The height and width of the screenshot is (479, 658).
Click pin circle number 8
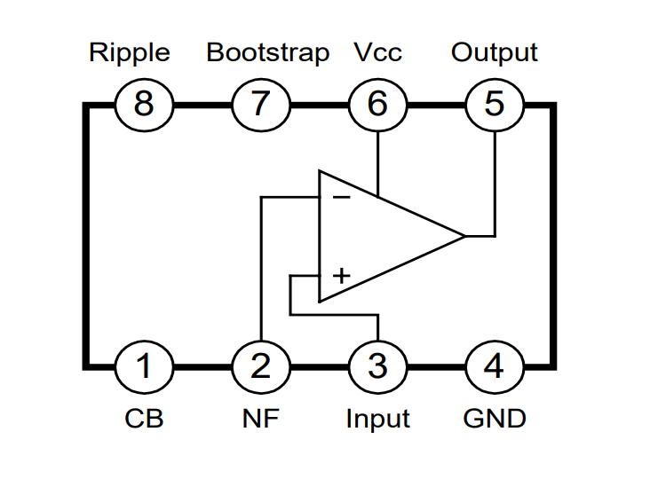click(144, 105)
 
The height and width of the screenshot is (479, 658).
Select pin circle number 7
click(260, 105)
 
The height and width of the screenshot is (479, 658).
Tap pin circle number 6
click(377, 105)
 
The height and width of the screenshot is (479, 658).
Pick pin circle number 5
click(495, 105)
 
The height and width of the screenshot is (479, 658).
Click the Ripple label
click(129, 53)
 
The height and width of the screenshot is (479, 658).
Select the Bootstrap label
click(267, 53)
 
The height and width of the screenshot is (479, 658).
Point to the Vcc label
click(377, 53)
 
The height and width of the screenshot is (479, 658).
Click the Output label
click(495, 53)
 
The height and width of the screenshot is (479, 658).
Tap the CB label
click(144, 418)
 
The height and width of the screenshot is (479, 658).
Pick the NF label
click(260, 418)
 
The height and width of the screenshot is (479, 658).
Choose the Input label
click(377, 418)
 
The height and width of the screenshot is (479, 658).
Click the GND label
click(495, 418)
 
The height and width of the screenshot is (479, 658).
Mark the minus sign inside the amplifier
click(341, 197)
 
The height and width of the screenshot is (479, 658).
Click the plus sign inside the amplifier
click(341, 276)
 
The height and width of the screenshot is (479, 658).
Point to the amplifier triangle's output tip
click(464, 236)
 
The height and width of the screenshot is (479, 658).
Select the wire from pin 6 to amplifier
click(377, 160)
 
